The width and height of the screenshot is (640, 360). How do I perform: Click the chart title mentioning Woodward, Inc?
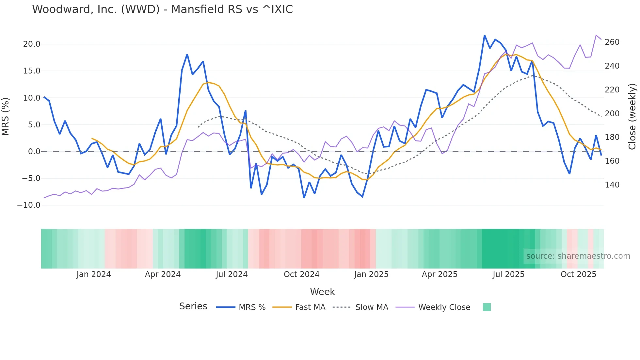162,9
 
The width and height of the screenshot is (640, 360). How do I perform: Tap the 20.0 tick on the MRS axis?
32,44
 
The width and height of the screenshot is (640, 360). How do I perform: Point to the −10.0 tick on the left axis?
29,205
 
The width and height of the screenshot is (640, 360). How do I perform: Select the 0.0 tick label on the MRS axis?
34,152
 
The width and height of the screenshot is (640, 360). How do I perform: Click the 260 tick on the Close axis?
612,42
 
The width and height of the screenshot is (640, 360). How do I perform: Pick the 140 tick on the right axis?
612,185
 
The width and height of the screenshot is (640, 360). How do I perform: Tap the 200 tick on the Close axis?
612,114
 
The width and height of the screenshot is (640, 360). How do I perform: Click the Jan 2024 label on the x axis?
94,274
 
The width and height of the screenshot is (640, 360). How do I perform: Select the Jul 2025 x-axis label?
508,274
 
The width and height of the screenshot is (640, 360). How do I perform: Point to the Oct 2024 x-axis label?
301,274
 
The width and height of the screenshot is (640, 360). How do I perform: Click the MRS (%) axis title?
6,116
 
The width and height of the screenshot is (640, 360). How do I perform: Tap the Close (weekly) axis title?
632,116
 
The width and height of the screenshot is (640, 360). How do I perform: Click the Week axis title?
322,292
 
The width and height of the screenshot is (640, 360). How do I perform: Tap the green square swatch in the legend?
487,307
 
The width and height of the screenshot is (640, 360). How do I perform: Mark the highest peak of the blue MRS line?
485,35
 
